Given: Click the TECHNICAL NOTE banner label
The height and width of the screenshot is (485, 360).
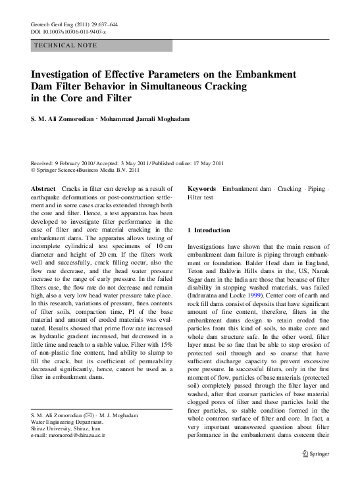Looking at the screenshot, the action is [x=65, y=45].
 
